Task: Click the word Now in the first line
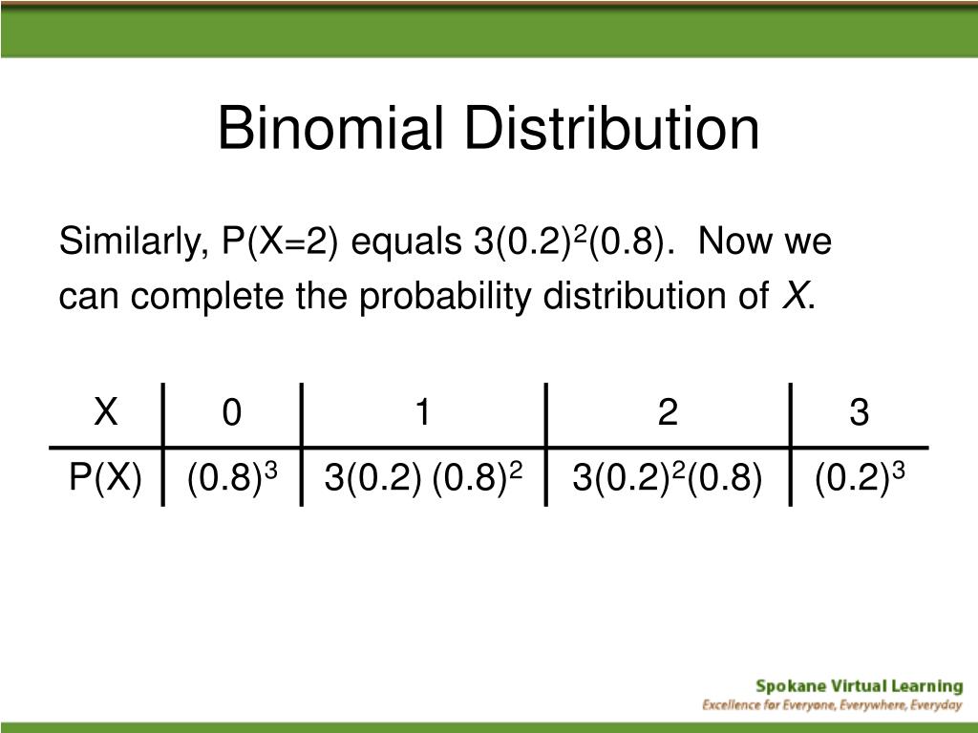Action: point(738,243)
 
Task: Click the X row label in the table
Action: point(106,414)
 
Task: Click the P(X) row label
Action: point(106,476)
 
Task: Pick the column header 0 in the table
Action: point(232,414)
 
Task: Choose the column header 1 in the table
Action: point(423,414)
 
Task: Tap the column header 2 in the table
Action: point(668,414)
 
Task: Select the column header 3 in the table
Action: point(860,414)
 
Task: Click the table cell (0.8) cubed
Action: point(232,476)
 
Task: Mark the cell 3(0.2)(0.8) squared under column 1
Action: point(423,476)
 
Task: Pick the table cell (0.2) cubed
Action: point(860,476)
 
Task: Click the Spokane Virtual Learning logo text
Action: point(859,685)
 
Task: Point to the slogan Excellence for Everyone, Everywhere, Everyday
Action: point(832,705)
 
